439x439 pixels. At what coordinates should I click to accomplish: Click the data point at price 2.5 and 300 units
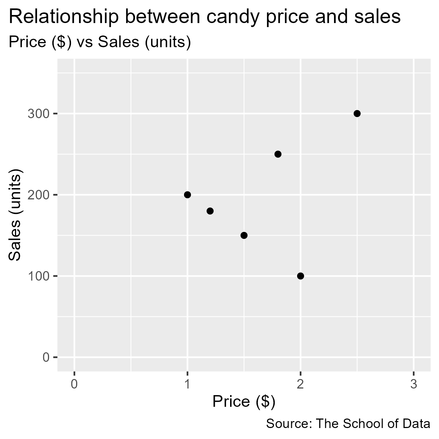point(357,113)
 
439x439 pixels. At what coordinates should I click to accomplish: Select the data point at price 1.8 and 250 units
point(278,154)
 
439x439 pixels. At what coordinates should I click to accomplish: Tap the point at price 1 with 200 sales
point(187,195)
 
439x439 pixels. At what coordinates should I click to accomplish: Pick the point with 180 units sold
point(210,211)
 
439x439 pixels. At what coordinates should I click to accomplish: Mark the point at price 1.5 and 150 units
point(244,235)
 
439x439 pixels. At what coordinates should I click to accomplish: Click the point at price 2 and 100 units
point(300,276)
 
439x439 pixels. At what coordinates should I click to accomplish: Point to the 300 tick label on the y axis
point(38,114)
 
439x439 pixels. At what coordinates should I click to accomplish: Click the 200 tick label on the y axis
point(38,195)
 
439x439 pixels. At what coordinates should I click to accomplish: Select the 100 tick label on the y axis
point(38,276)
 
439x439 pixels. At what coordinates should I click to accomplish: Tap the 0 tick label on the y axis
point(46,357)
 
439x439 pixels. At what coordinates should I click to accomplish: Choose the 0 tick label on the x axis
point(74,385)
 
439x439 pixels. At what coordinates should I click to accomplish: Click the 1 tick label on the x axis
point(187,385)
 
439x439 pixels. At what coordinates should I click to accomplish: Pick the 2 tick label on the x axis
point(300,385)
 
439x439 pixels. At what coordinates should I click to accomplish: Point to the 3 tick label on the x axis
point(413,385)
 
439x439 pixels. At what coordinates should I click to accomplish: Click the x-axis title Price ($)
point(244,402)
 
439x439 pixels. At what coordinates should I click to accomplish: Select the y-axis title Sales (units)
point(15,215)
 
